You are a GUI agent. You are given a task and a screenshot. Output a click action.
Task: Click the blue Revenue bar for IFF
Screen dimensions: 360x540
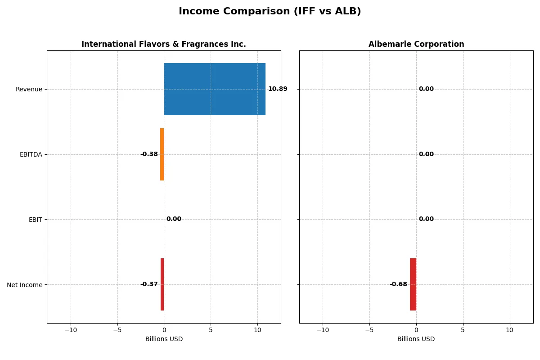coord(214,89)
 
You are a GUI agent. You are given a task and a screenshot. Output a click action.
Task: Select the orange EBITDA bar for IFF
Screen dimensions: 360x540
coord(162,154)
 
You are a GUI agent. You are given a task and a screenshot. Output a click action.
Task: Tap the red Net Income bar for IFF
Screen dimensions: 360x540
coord(162,284)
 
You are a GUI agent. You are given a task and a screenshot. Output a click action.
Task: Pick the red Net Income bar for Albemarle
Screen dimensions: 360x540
coord(413,284)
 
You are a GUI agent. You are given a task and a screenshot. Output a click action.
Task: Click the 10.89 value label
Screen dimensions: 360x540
coord(278,89)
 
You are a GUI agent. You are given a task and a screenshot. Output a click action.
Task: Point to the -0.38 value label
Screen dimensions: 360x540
coord(149,154)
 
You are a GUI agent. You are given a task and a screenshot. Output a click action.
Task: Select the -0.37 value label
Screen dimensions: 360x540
coord(149,284)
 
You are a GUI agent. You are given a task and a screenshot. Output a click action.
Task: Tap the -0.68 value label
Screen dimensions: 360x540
coord(398,284)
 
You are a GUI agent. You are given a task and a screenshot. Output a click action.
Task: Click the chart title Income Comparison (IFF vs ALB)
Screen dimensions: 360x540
coord(270,12)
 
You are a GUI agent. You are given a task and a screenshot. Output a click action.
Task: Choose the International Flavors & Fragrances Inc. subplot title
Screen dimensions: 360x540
coord(164,45)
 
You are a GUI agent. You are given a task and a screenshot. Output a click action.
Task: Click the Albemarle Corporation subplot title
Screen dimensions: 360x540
coord(416,45)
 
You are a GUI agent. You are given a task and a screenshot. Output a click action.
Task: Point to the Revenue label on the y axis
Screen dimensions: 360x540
coord(29,89)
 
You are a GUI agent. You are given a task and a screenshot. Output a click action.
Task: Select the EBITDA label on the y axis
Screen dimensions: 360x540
coord(31,154)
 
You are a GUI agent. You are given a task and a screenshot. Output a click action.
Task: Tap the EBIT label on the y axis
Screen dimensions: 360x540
coord(36,220)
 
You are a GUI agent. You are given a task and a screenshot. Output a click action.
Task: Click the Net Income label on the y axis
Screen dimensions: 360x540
coord(25,285)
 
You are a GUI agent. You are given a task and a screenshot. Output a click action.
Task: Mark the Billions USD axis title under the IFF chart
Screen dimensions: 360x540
coord(164,339)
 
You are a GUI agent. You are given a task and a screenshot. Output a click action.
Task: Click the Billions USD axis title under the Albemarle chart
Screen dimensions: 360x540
coord(416,339)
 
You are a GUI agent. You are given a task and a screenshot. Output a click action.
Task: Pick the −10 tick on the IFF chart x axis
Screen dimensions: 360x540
coord(70,330)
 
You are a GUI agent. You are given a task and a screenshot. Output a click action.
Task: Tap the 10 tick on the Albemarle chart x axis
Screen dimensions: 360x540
coord(509,330)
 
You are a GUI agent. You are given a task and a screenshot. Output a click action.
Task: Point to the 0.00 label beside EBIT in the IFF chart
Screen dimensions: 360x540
coord(174,219)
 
